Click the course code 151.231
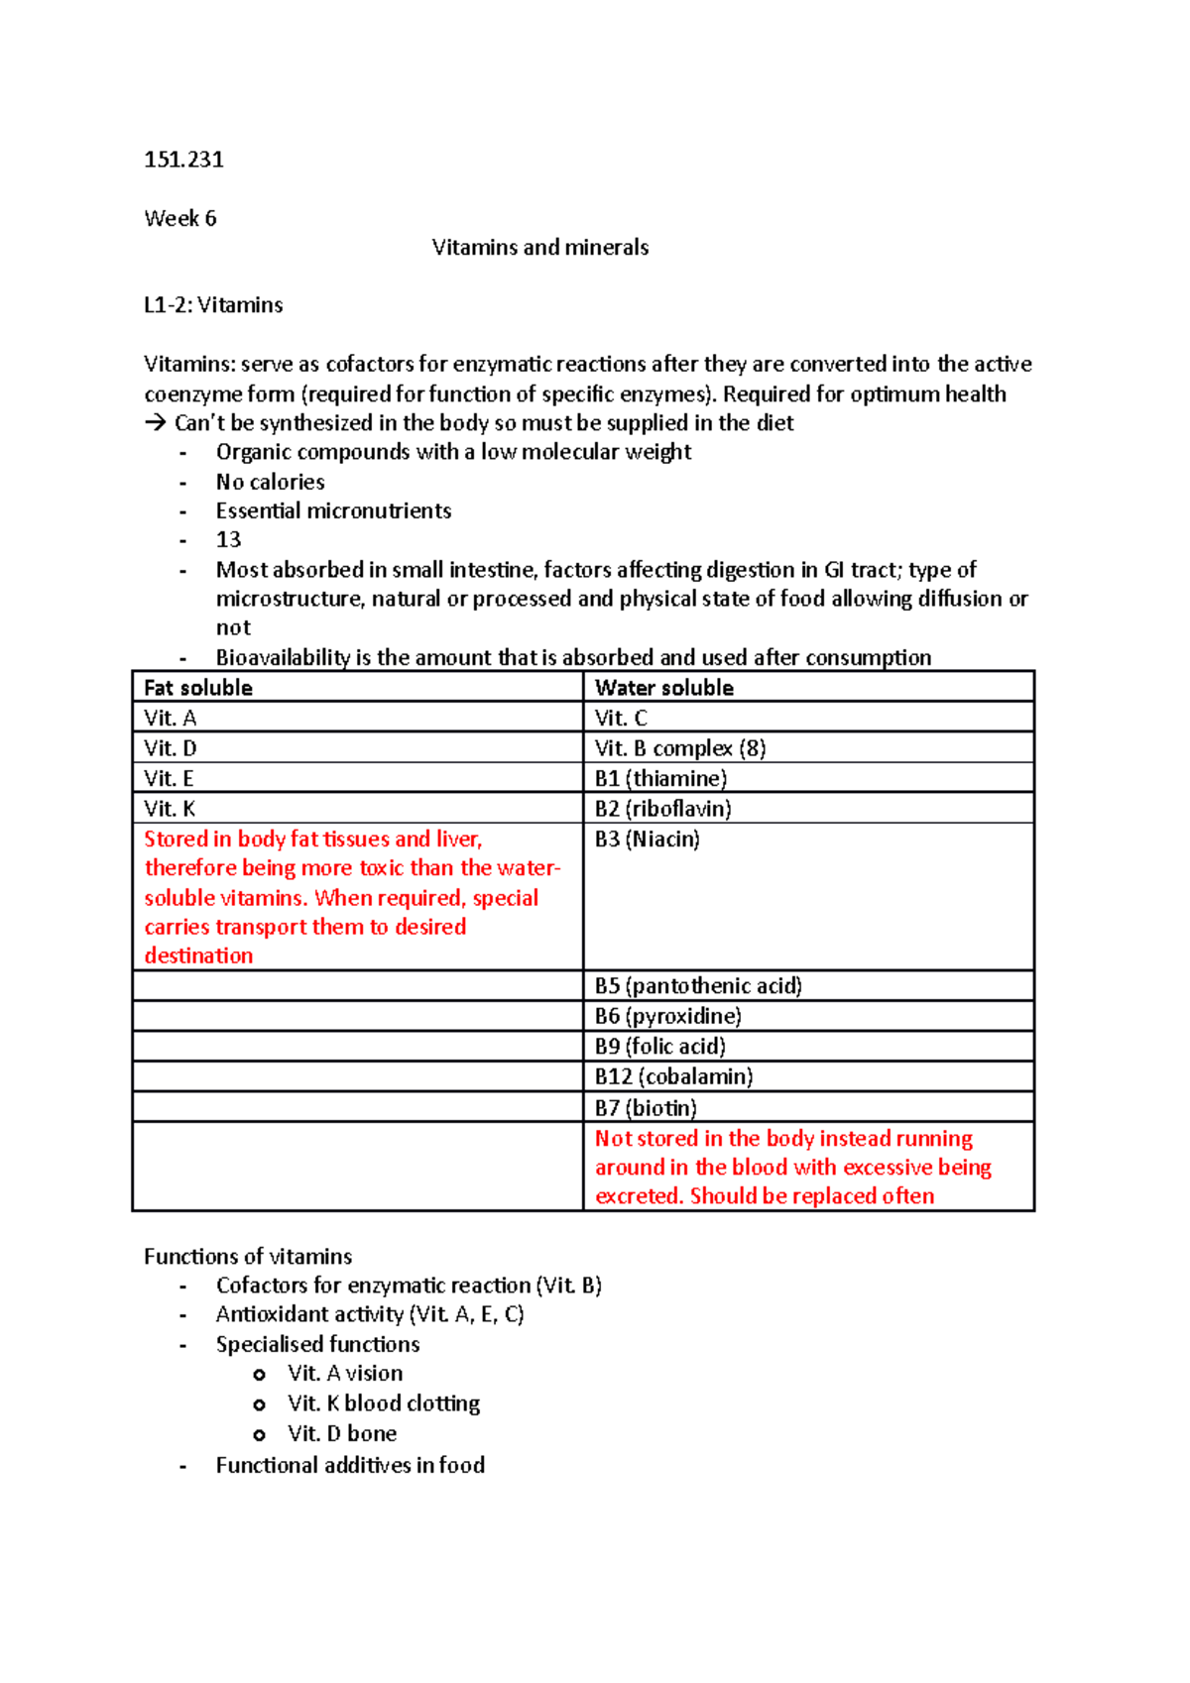(183, 160)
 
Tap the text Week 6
(179, 218)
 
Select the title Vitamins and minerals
(539, 247)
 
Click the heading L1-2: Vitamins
(213, 305)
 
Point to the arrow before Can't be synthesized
(156, 423)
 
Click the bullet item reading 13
(228, 540)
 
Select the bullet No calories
(270, 482)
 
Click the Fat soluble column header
(198, 688)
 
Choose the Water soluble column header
(663, 688)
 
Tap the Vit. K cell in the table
(170, 809)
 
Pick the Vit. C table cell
(621, 719)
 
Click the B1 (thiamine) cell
(660, 779)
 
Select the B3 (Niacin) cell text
(647, 840)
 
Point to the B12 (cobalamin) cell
(673, 1076)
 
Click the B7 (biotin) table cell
(646, 1108)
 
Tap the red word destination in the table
(198, 955)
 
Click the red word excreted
(639, 1196)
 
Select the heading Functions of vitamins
(248, 1257)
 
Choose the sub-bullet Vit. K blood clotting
(384, 1403)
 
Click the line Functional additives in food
(350, 1465)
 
